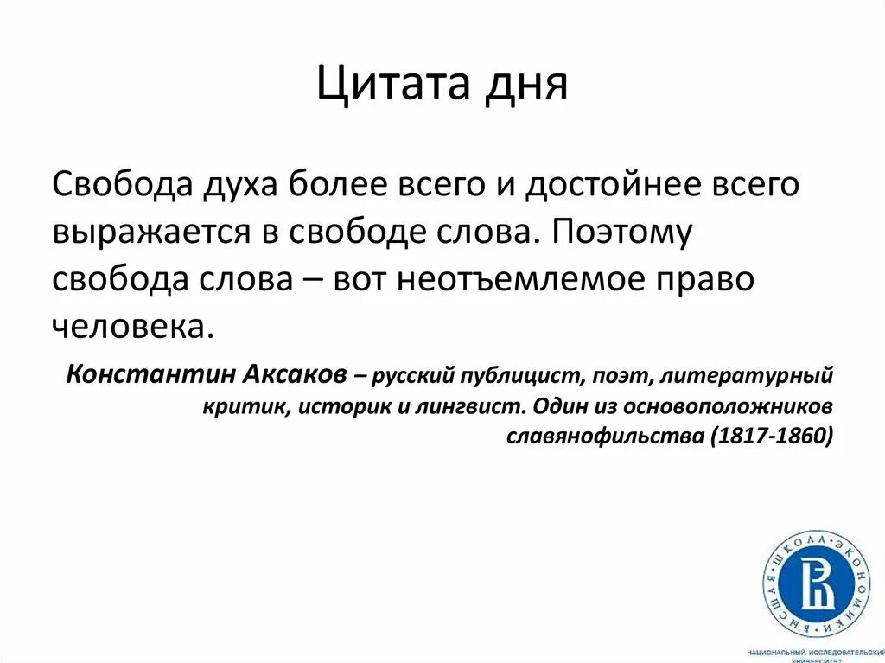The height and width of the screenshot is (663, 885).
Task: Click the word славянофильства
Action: pos(605,436)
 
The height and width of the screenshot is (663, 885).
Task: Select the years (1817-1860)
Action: pos(771,436)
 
